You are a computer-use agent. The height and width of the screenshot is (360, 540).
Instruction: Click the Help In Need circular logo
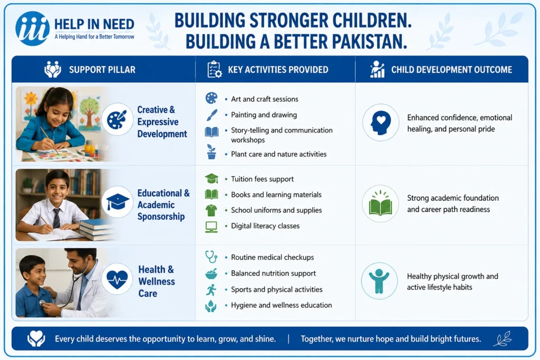[x=32, y=29]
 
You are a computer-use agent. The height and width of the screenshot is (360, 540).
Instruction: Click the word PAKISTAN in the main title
[x=370, y=42]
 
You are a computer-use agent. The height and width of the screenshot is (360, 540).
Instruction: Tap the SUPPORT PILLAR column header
[x=102, y=70]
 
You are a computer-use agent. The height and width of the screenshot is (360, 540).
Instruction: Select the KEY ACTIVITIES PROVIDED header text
[x=278, y=70]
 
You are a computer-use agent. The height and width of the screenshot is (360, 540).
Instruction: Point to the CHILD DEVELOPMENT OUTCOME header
[x=451, y=70]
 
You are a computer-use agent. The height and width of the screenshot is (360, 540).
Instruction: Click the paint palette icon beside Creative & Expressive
[x=117, y=119]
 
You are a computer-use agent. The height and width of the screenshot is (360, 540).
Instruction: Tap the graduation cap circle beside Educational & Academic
[x=118, y=202]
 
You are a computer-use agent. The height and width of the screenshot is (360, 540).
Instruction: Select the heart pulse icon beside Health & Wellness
[x=117, y=279]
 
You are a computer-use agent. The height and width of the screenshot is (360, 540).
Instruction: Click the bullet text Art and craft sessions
[x=265, y=99]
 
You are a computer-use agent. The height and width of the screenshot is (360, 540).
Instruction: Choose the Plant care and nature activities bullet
[x=278, y=154]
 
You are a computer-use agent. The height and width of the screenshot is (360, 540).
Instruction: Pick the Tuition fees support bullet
[x=262, y=179]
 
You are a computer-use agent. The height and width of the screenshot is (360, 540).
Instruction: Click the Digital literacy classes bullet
[x=265, y=226]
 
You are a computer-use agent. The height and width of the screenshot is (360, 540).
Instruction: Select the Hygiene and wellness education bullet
[x=282, y=305]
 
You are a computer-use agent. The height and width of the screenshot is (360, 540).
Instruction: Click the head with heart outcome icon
[x=381, y=122]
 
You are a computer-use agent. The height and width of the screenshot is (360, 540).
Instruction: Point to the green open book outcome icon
[x=380, y=204]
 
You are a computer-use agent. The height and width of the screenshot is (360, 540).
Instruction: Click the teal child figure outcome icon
[x=379, y=281]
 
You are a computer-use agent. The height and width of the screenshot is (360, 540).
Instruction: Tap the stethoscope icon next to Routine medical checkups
[x=211, y=257]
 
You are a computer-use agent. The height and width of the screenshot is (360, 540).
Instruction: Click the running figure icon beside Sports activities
[x=211, y=290]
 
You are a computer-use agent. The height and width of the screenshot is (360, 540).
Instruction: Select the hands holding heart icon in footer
[x=36, y=339]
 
